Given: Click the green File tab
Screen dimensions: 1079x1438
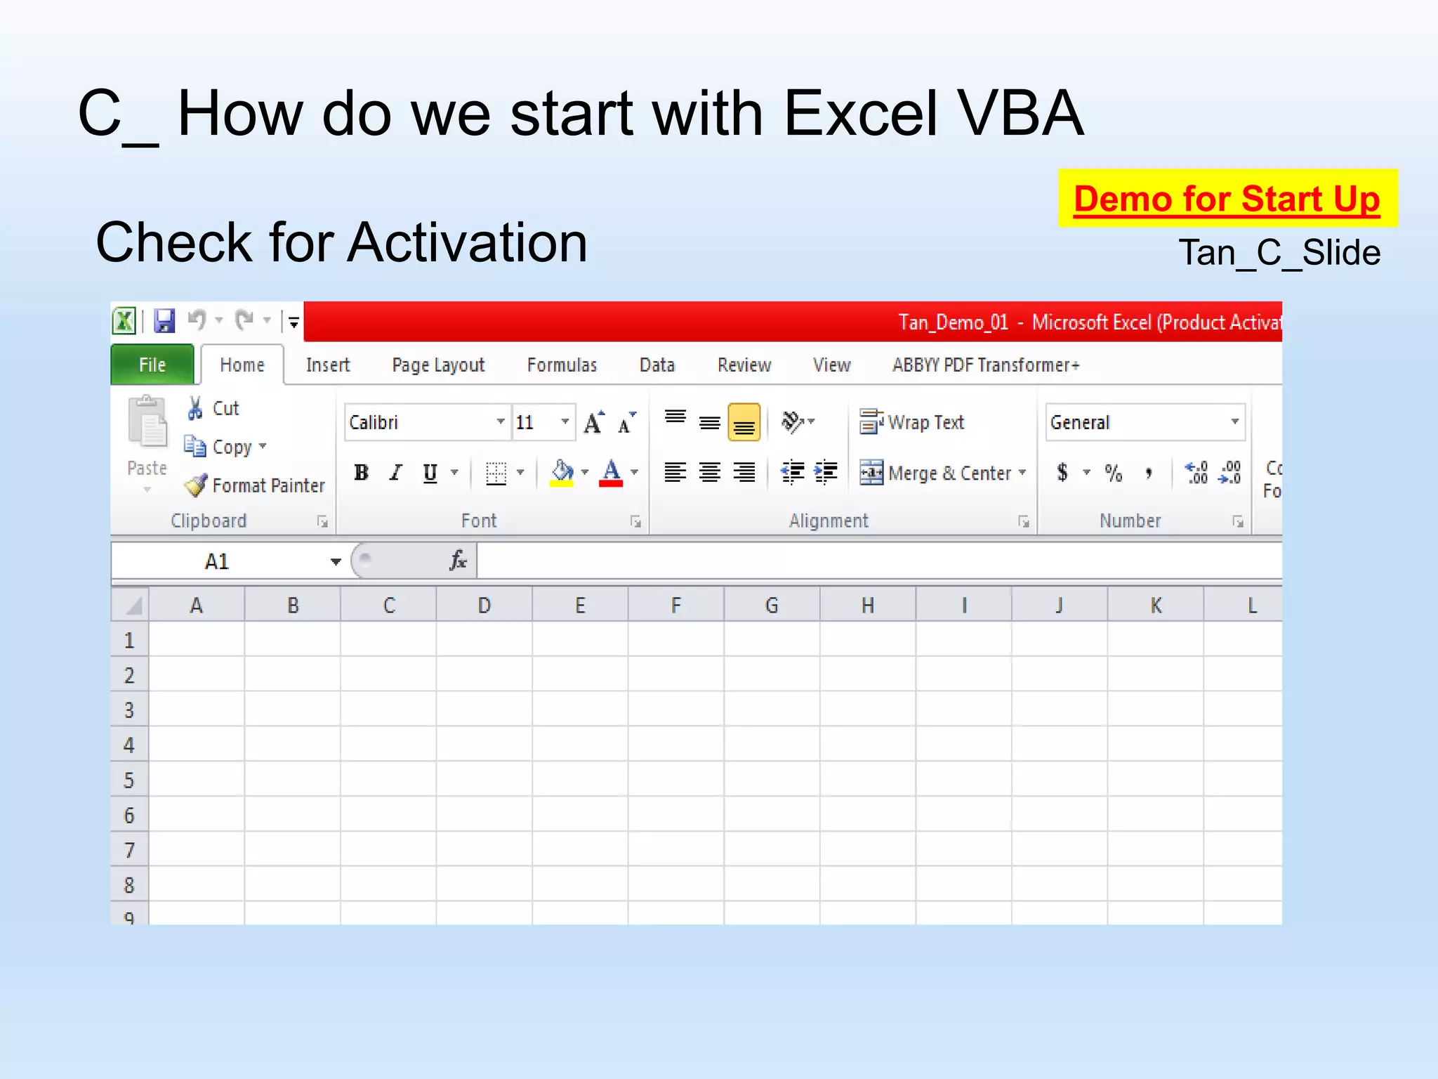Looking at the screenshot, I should pos(152,365).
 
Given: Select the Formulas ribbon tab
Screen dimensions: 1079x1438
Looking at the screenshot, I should pos(562,365).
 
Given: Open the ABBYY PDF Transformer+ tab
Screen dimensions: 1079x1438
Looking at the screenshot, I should pos(985,365).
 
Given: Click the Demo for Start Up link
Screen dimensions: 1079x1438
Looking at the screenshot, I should pos(1226,199).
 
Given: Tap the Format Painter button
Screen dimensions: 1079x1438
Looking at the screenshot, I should pos(256,485).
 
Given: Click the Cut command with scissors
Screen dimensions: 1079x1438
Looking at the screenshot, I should pos(213,408).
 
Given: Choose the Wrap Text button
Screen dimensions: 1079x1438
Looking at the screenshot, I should pos(912,422).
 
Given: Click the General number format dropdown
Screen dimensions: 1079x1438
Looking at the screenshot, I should pos(1145,422).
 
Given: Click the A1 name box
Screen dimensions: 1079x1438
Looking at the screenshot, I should pos(218,561).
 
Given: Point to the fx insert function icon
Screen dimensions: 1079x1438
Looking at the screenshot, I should pos(458,561).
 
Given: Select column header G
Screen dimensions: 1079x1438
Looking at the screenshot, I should pos(771,606).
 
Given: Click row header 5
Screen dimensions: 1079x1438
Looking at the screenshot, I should pos(129,780).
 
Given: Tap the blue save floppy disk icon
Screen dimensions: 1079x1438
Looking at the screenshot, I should pos(164,321).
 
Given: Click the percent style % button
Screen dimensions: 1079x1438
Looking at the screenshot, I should pos(1113,473).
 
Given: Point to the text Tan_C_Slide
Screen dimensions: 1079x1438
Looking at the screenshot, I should pos(1279,253).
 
